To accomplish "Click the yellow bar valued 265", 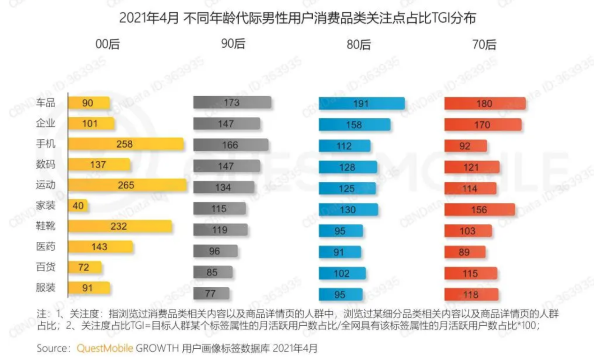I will [x=127, y=185].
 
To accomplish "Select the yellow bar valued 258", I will [x=126, y=144].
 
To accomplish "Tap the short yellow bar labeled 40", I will [x=78, y=206].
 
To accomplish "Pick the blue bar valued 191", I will [x=361, y=104].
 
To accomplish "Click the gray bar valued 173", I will [x=232, y=103].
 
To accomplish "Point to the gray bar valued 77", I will [x=211, y=294].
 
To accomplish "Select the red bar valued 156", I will [x=479, y=210].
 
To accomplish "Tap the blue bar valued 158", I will [x=354, y=125].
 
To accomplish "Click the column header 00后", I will [x=108, y=44].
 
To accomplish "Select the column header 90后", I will [x=233, y=44].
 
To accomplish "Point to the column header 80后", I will [x=359, y=45].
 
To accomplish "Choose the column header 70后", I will [x=484, y=45].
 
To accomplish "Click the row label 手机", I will [x=46, y=144].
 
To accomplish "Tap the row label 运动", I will [x=46, y=185].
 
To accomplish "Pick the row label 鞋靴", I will [x=46, y=226].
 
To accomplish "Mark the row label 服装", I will [x=46, y=287].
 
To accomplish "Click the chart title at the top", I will [x=297, y=18].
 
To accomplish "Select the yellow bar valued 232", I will [x=120, y=226].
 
